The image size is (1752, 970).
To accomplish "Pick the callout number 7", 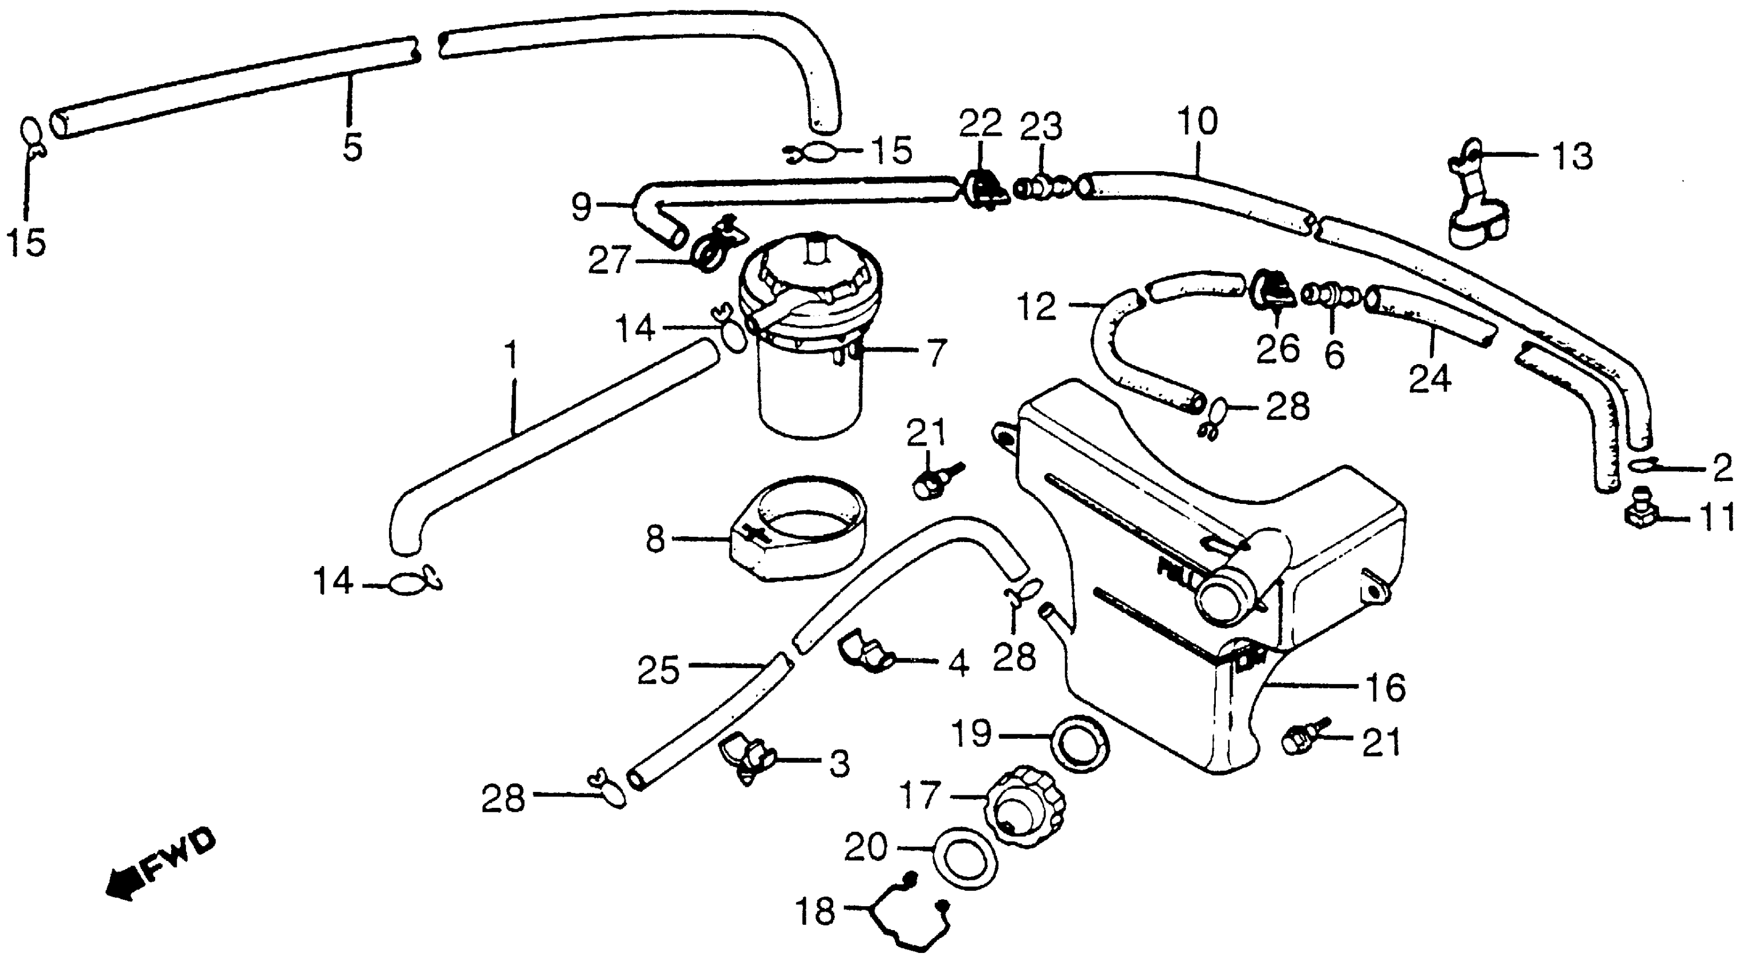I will click(x=936, y=353).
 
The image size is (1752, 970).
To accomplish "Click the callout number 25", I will click(x=658, y=669).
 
